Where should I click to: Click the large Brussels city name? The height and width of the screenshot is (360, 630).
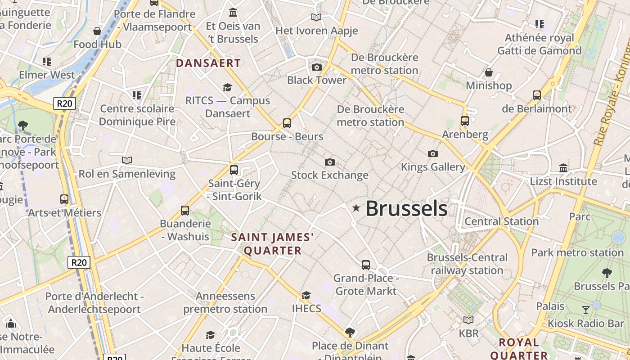[406, 208]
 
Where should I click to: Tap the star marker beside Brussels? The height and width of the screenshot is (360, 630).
[356, 208]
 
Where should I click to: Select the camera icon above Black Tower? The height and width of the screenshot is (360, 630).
[317, 67]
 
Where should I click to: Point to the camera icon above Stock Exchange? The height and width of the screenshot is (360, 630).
[330, 162]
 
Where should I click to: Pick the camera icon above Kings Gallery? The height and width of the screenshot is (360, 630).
[433, 154]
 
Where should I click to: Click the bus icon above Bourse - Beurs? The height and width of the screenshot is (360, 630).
[287, 123]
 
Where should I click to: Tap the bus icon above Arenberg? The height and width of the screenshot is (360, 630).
[465, 121]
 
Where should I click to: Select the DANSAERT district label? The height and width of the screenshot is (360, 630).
[208, 63]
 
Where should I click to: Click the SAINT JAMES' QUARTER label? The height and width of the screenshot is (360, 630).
[272, 244]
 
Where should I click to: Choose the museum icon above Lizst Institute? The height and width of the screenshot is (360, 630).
[563, 168]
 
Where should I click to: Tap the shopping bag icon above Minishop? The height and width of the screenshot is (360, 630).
[489, 72]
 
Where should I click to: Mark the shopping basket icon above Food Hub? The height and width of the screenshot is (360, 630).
[97, 31]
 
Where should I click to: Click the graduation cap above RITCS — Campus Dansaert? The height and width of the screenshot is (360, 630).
[228, 87]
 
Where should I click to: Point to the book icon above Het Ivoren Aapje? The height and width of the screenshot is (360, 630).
[316, 18]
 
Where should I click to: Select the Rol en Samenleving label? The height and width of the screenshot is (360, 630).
[127, 174]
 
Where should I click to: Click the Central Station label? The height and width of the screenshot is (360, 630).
[501, 221]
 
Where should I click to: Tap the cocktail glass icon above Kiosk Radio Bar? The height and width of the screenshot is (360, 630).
[586, 310]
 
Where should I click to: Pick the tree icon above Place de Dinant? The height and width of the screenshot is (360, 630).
[350, 333]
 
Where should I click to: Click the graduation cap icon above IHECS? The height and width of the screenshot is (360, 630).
[306, 295]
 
